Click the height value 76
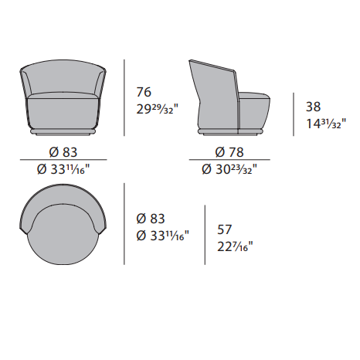pos(144,92)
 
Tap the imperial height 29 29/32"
pos(157,110)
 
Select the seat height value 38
pos(313,107)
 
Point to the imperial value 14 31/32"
pos(326,124)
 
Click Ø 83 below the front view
pos(63,152)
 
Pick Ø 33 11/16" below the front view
pos(63,169)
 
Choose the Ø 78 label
pos(229,152)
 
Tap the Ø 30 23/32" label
pos(229,169)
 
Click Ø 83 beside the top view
pos(151,219)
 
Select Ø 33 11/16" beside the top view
pos(163,236)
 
